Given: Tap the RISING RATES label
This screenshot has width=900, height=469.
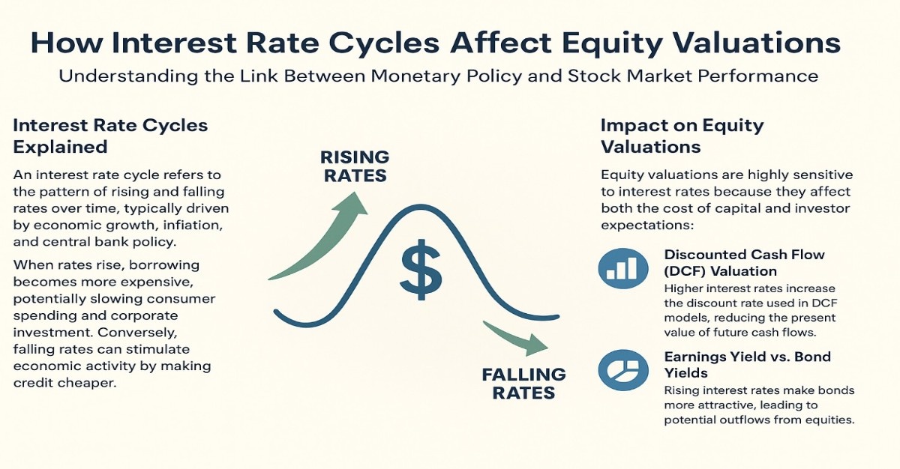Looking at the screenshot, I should (x=355, y=166).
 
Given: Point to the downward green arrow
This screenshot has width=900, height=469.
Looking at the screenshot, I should (x=518, y=337).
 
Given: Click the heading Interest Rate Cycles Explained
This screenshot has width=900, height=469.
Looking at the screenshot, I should (x=110, y=135).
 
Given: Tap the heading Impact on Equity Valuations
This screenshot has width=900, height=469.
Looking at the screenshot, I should (x=682, y=135).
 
